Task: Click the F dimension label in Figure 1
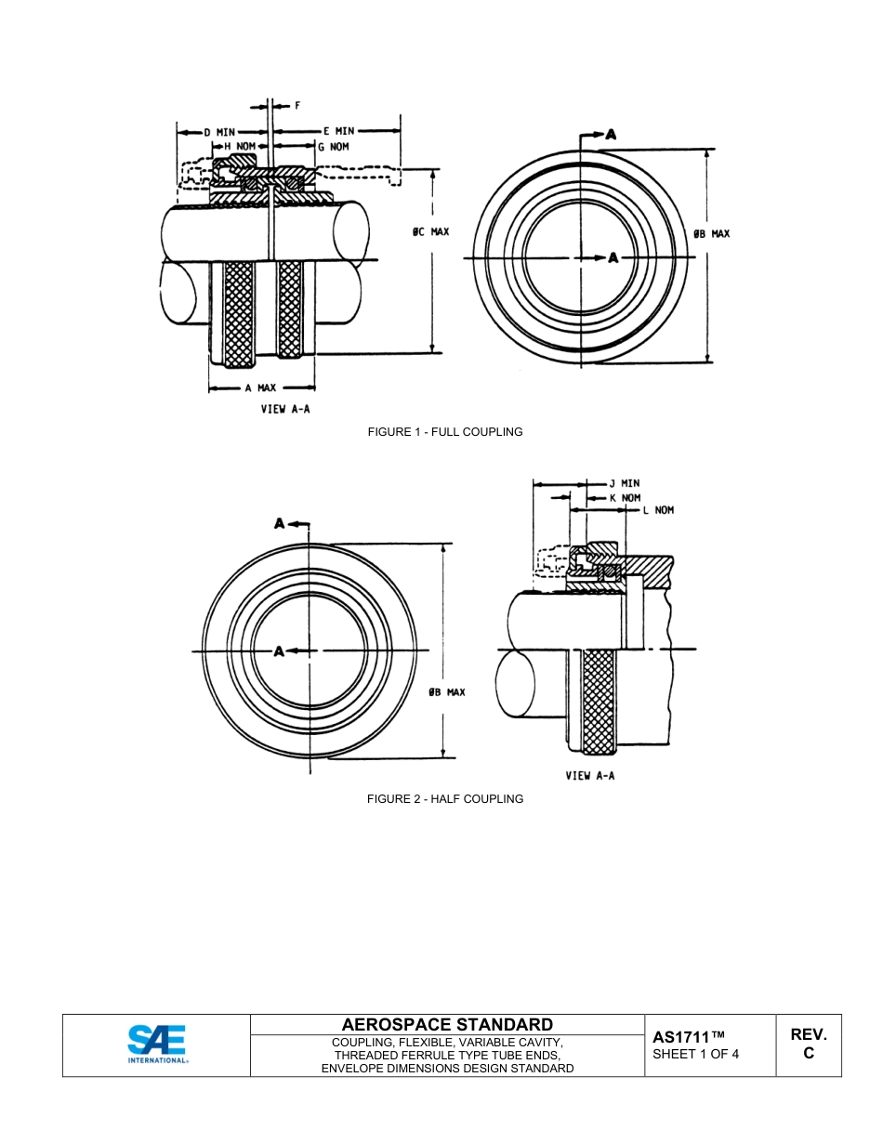coord(297,106)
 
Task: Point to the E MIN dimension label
coord(338,132)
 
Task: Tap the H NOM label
coord(239,147)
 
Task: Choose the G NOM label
coord(334,147)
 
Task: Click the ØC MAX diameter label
coord(430,231)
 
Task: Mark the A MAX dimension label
coord(260,388)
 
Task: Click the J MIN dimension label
coord(624,483)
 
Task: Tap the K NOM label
coord(625,497)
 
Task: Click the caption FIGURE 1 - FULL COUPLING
coord(444,432)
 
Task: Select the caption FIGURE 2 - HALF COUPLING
coord(444,799)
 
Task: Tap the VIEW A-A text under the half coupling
coord(590,776)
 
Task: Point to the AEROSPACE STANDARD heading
coord(447,1025)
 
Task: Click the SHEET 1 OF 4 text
coord(695,1054)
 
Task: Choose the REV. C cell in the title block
coord(808,1044)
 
